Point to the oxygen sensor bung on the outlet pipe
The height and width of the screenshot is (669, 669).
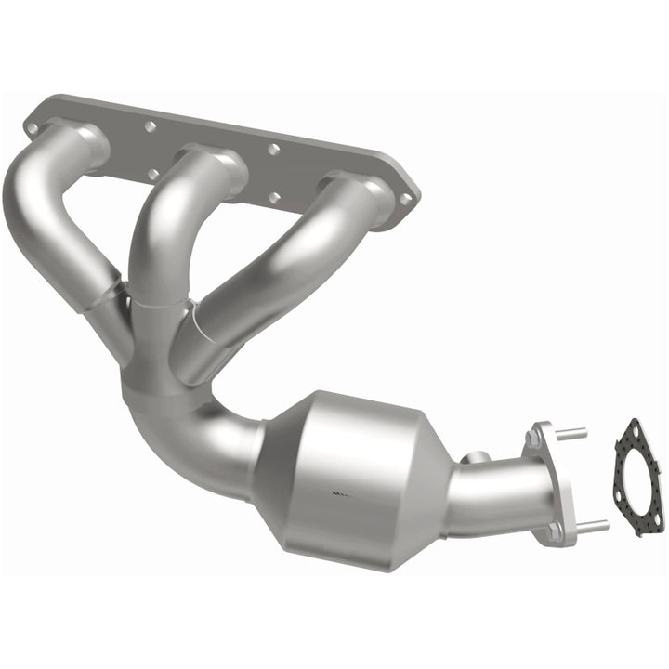point(475,457)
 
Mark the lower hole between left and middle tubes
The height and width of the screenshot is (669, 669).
point(152,174)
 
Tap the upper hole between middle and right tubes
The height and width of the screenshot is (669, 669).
point(273,149)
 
